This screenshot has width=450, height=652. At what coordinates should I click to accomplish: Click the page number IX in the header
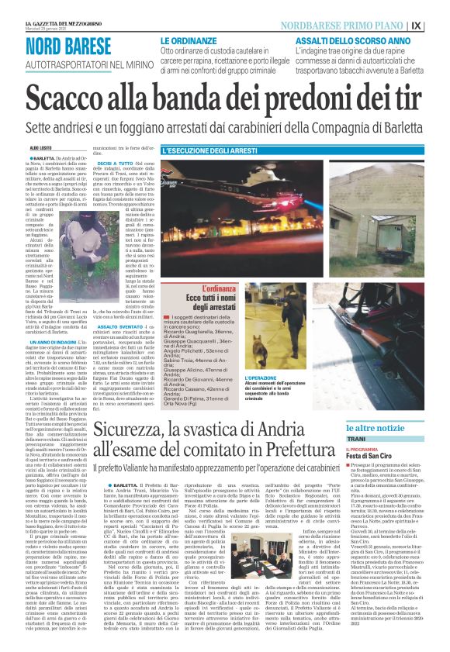pyautogui.click(x=437, y=25)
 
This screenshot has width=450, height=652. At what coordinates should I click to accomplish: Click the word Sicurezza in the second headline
pyautogui.click(x=144, y=429)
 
